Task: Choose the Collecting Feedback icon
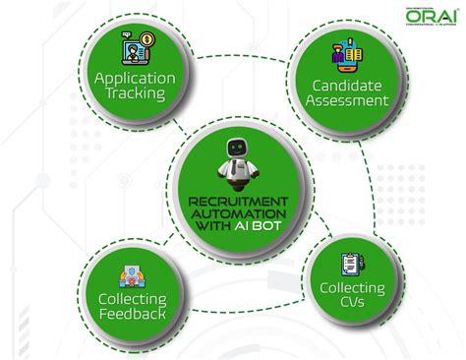pos(131,277)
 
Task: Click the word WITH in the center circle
pos(208,227)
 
